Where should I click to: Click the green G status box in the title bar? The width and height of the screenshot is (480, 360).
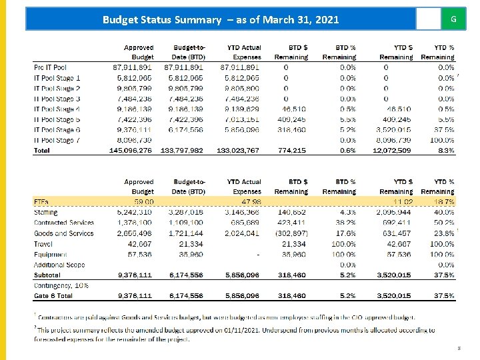[x=453, y=19]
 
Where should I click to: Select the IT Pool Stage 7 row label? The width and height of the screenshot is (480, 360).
[x=57, y=140]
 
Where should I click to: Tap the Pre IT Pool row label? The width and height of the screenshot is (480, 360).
[x=51, y=67]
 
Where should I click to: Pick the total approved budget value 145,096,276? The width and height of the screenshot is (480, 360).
[x=131, y=151]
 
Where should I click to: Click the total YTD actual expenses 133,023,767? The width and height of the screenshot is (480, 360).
[x=238, y=151]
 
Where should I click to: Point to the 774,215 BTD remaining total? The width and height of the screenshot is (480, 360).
[x=293, y=151]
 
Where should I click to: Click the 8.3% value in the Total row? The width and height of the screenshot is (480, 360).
[x=446, y=151]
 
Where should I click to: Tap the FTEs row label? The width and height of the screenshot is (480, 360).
[x=41, y=202]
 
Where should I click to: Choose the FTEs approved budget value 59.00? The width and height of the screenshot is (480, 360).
[x=144, y=202]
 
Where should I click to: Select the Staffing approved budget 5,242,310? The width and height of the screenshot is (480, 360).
[x=135, y=212]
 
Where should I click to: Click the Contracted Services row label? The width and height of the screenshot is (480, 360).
[x=64, y=223]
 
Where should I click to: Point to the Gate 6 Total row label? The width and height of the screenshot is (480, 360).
[x=53, y=295]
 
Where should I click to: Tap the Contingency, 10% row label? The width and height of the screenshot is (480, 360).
[x=61, y=285]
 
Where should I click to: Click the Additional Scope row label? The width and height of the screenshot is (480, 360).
[x=59, y=265]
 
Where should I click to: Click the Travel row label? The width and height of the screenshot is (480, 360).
[x=43, y=243]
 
